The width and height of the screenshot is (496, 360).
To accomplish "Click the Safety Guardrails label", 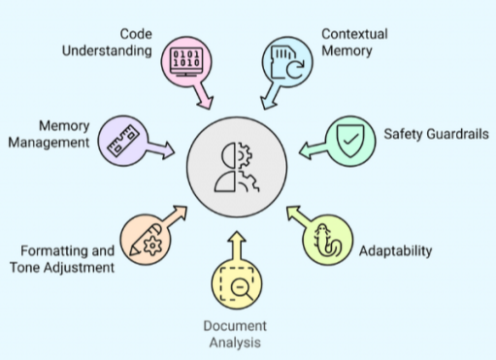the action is (436, 134).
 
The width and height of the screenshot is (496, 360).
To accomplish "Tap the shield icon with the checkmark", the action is (350, 141).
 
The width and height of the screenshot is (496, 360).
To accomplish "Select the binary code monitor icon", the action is (186, 62).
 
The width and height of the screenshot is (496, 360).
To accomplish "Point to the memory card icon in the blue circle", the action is (287, 62).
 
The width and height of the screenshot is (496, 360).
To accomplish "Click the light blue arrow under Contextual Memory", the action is (271, 96).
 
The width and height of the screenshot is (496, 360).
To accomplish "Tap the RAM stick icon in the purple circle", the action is (123, 141).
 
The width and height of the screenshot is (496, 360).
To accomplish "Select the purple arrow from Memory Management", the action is (160, 148).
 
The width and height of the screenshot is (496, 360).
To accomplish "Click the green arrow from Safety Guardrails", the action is (313, 149).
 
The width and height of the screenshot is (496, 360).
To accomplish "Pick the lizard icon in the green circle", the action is (327, 240).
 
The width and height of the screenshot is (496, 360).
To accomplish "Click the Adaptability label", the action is (395, 251).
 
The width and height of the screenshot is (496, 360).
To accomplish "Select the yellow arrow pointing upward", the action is (237, 246).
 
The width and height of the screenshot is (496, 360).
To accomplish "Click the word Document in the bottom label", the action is (235, 326).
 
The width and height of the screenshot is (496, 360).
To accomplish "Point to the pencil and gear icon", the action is (146, 240).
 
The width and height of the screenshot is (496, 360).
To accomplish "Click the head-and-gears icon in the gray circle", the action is (237, 167).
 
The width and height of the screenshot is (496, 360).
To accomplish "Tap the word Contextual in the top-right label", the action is (354, 34).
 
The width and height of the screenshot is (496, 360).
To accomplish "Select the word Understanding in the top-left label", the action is (107, 50).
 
